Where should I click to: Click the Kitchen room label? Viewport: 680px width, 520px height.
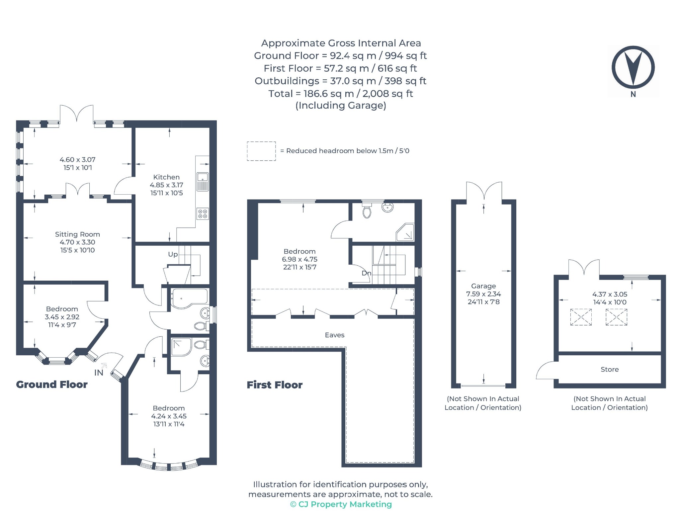pos(166,177)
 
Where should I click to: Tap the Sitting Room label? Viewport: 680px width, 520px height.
pos(77,234)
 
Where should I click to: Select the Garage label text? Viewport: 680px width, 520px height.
pos(483,286)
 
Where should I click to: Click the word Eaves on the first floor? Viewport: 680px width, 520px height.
pos(335,335)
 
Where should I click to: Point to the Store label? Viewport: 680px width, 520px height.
pos(610,369)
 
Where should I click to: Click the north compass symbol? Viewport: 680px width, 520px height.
pos(633,68)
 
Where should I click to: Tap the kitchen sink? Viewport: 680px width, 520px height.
pos(203,182)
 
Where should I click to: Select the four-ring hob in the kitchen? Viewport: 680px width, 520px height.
pos(203,214)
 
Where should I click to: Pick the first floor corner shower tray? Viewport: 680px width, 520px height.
pos(405,232)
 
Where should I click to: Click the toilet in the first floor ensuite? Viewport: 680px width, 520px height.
pos(367,211)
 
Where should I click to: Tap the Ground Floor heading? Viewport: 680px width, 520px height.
pos(52,385)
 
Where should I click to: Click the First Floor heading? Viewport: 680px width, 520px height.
pos(275,385)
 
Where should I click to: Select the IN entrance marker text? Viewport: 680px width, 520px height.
pos(99,373)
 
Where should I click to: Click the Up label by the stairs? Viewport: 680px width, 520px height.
pos(173,254)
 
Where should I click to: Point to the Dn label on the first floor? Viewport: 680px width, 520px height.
pos(366,273)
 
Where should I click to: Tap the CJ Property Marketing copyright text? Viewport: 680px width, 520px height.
pos(341,504)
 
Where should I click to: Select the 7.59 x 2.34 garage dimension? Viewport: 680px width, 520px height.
pos(483,294)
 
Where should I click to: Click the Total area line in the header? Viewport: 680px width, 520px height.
pos(341,94)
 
